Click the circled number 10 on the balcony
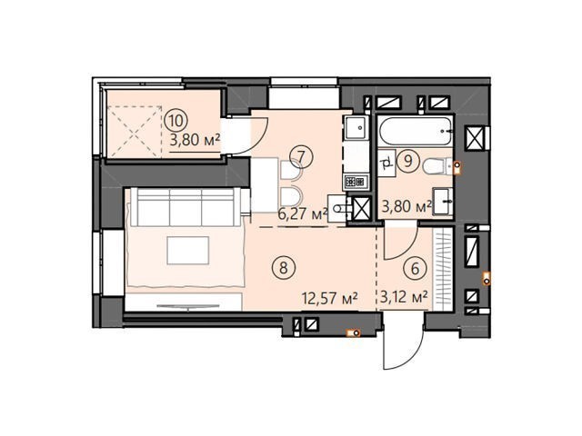[x=176, y=120]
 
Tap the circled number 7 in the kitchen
[x=301, y=156]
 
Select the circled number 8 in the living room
[x=284, y=267]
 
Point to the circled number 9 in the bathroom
[x=408, y=161]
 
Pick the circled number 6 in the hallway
[x=415, y=268]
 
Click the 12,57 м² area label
[x=330, y=298]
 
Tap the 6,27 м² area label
[x=303, y=214]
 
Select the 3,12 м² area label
[x=404, y=297]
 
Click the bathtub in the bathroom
[x=416, y=131]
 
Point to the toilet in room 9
[x=436, y=166]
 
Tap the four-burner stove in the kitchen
[x=356, y=182]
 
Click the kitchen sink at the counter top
[x=356, y=127]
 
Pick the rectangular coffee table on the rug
[x=188, y=251]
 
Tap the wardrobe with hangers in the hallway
[x=443, y=269]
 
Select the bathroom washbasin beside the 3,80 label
[x=443, y=202]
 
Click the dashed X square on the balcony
[x=134, y=131]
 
